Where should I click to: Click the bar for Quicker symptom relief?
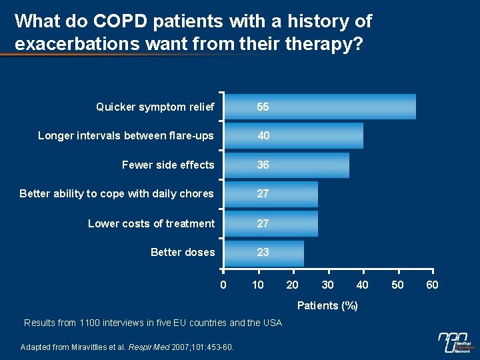[x=320, y=107]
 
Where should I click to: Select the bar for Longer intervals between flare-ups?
[x=293, y=135]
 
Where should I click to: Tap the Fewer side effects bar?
[x=287, y=165]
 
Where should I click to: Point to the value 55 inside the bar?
[x=263, y=107]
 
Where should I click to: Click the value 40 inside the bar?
[x=263, y=135]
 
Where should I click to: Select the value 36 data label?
[x=263, y=165]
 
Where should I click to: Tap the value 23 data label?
[x=263, y=253]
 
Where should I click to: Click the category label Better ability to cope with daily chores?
[x=117, y=194]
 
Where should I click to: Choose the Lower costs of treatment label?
[x=151, y=223]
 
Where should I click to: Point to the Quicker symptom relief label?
[x=155, y=107]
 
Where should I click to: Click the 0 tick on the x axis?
[x=223, y=285]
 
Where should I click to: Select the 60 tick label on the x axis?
[x=432, y=285]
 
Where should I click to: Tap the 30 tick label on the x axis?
[x=327, y=285]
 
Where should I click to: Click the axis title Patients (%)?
[x=327, y=306]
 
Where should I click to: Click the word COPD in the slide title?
[x=121, y=21]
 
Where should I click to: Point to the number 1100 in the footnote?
[x=90, y=323]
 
